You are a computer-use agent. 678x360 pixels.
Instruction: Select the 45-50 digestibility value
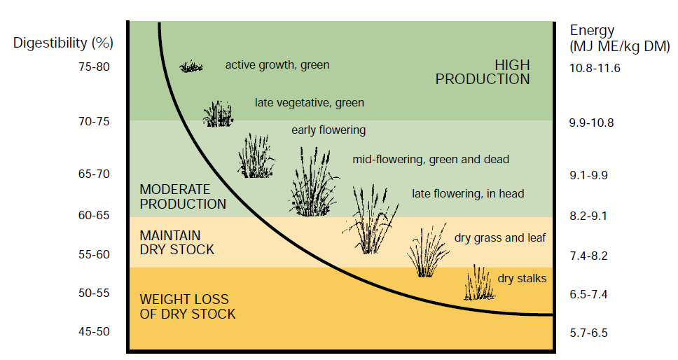point(94,332)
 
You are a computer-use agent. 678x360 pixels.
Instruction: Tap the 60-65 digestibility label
point(94,215)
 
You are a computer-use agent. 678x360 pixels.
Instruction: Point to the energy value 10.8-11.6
point(595,68)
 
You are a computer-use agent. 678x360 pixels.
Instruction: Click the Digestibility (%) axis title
point(63,43)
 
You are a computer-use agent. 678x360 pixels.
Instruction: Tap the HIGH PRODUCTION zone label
point(483,72)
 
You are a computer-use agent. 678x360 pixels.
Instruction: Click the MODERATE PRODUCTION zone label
point(183,197)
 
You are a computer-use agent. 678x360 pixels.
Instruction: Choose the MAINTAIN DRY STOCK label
point(177,242)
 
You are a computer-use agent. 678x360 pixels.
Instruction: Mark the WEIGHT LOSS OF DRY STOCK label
point(188,307)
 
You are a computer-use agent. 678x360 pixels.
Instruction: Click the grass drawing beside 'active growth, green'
point(191,67)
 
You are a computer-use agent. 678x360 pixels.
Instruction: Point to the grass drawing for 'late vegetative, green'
point(218,113)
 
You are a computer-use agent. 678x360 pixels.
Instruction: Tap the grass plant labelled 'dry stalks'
point(479,283)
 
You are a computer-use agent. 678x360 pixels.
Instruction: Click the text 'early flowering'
point(328,130)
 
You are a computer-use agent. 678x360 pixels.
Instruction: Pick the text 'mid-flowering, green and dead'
point(431,160)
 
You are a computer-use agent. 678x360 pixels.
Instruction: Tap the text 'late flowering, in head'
point(468,194)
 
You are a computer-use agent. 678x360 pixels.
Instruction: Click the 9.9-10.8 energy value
point(592,123)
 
